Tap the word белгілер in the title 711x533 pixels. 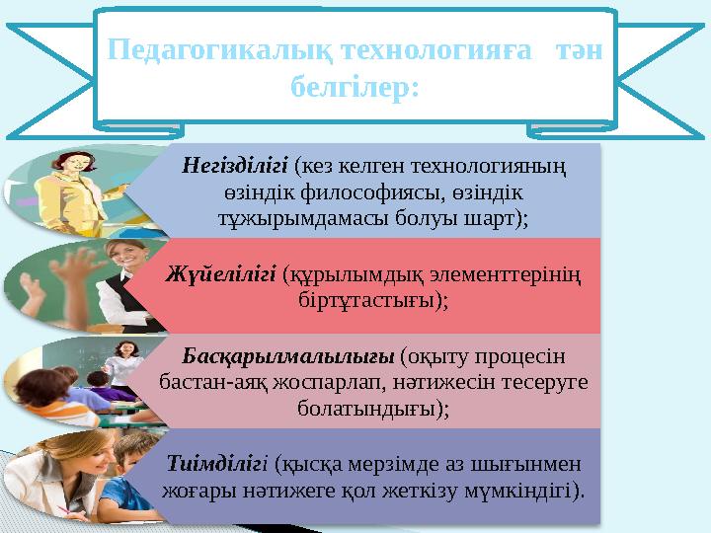[x=355, y=88]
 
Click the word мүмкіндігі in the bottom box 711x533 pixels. [x=530, y=489]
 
